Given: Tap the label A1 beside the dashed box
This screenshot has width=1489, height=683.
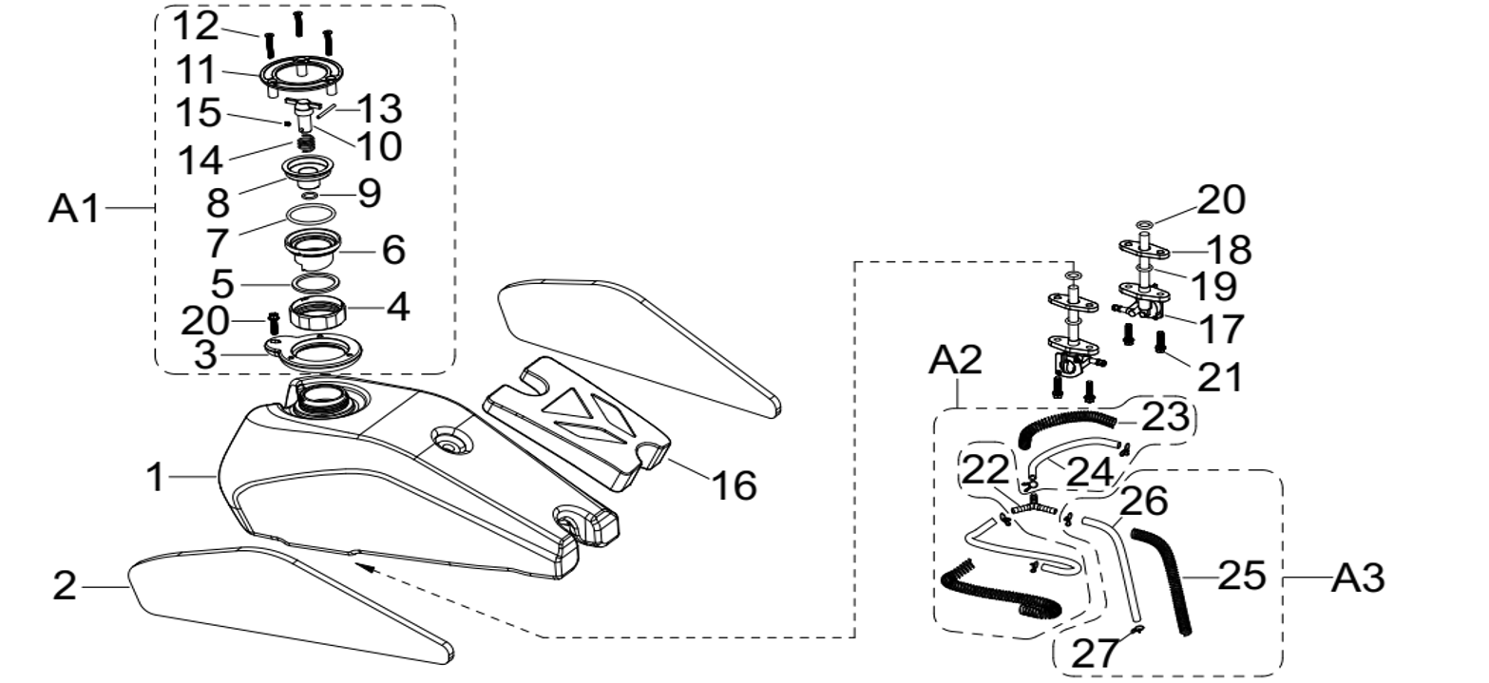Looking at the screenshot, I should pyautogui.click(x=73, y=208).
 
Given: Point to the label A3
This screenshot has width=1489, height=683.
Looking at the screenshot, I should pyautogui.click(x=1358, y=578).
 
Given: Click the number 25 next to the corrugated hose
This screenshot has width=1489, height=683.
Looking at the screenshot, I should pyautogui.click(x=1241, y=576).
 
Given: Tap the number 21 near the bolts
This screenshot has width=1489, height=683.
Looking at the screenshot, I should pyautogui.click(x=1220, y=377).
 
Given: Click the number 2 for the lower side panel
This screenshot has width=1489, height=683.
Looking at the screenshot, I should pyautogui.click(x=64, y=586).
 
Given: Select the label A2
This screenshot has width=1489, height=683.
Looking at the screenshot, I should pyautogui.click(x=955, y=361).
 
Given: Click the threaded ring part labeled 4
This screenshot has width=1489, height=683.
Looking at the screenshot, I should pyautogui.click(x=316, y=310).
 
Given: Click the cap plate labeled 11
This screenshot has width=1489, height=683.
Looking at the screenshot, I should pyautogui.click(x=297, y=75).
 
